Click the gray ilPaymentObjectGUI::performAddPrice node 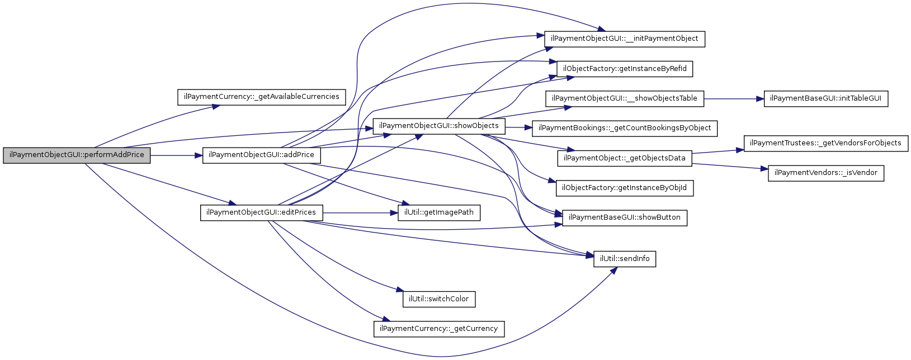(x=77, y=155)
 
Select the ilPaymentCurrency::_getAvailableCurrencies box (x=261, y=97)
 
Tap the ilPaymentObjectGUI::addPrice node (x=261, y=155)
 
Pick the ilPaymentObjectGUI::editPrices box (x=261, y=213)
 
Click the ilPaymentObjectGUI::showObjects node (x=439, y=126)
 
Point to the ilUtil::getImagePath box (x=439, y=213)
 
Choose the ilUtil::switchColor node (x=439, y=299)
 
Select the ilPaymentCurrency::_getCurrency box (x=439, y=329)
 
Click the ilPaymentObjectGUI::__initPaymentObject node (x=625, y=39)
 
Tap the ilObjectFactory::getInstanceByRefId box (x=625, y=69)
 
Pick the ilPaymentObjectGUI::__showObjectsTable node (x=625, y=99)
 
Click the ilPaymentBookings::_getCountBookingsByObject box (x=625, y=129)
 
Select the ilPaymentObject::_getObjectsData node (x=625, y=158)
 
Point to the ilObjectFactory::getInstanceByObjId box (x=625, y=188)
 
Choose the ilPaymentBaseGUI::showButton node (x=625, y=218)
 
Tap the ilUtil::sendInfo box (x=625, y=259)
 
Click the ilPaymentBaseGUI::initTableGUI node (x=825, y=99)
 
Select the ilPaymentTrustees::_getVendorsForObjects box (x=825, y=143)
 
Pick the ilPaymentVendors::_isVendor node (x=825, y=173)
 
